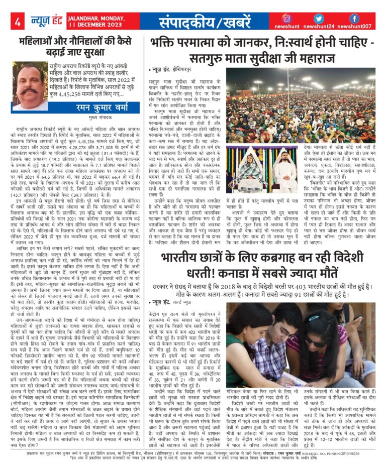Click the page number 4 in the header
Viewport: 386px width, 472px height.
coord(18,22)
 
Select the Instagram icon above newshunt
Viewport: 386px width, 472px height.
coord(287,18)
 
